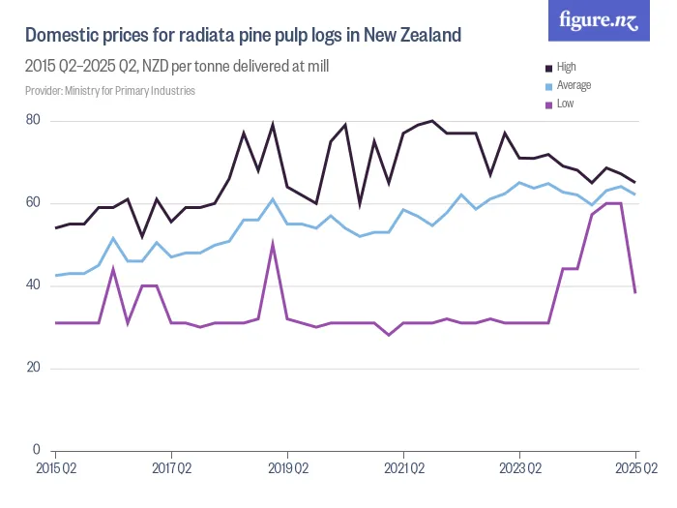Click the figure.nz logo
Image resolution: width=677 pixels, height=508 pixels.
[x=599, y=21]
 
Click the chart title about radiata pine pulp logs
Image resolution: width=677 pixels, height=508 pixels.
[x=243, y=37]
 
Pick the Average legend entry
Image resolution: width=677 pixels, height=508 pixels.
[x=574, y=85]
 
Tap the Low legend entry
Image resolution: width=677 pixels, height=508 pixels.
[x=566, y=103]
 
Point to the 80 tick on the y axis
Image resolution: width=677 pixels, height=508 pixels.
[x=33, y=120]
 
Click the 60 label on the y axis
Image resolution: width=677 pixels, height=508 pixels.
[x=33, y=203]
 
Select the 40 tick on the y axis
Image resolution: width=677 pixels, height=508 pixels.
[x=33, y=285]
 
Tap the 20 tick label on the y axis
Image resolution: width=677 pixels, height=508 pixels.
[x=33, y=368]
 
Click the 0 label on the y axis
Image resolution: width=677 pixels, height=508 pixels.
[x=37, y=450]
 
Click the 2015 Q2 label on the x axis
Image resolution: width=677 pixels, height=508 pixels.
[x=55, y=468]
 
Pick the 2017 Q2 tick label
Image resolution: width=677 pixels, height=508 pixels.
[x=171, y=468]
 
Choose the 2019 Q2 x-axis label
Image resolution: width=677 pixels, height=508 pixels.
[x=287, y=468]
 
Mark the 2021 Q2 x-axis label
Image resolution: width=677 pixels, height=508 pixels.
[x=403, y=468]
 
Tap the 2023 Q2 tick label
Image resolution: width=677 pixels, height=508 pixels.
[x=519, y=468]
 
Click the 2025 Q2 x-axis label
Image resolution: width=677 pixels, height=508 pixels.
[x=635, y=468]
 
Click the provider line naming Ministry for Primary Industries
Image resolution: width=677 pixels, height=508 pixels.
[x=110, y=91]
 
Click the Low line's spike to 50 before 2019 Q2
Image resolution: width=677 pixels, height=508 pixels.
[x=273, y=244]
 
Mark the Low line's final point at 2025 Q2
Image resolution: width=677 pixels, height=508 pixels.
[x=635, y=292]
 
